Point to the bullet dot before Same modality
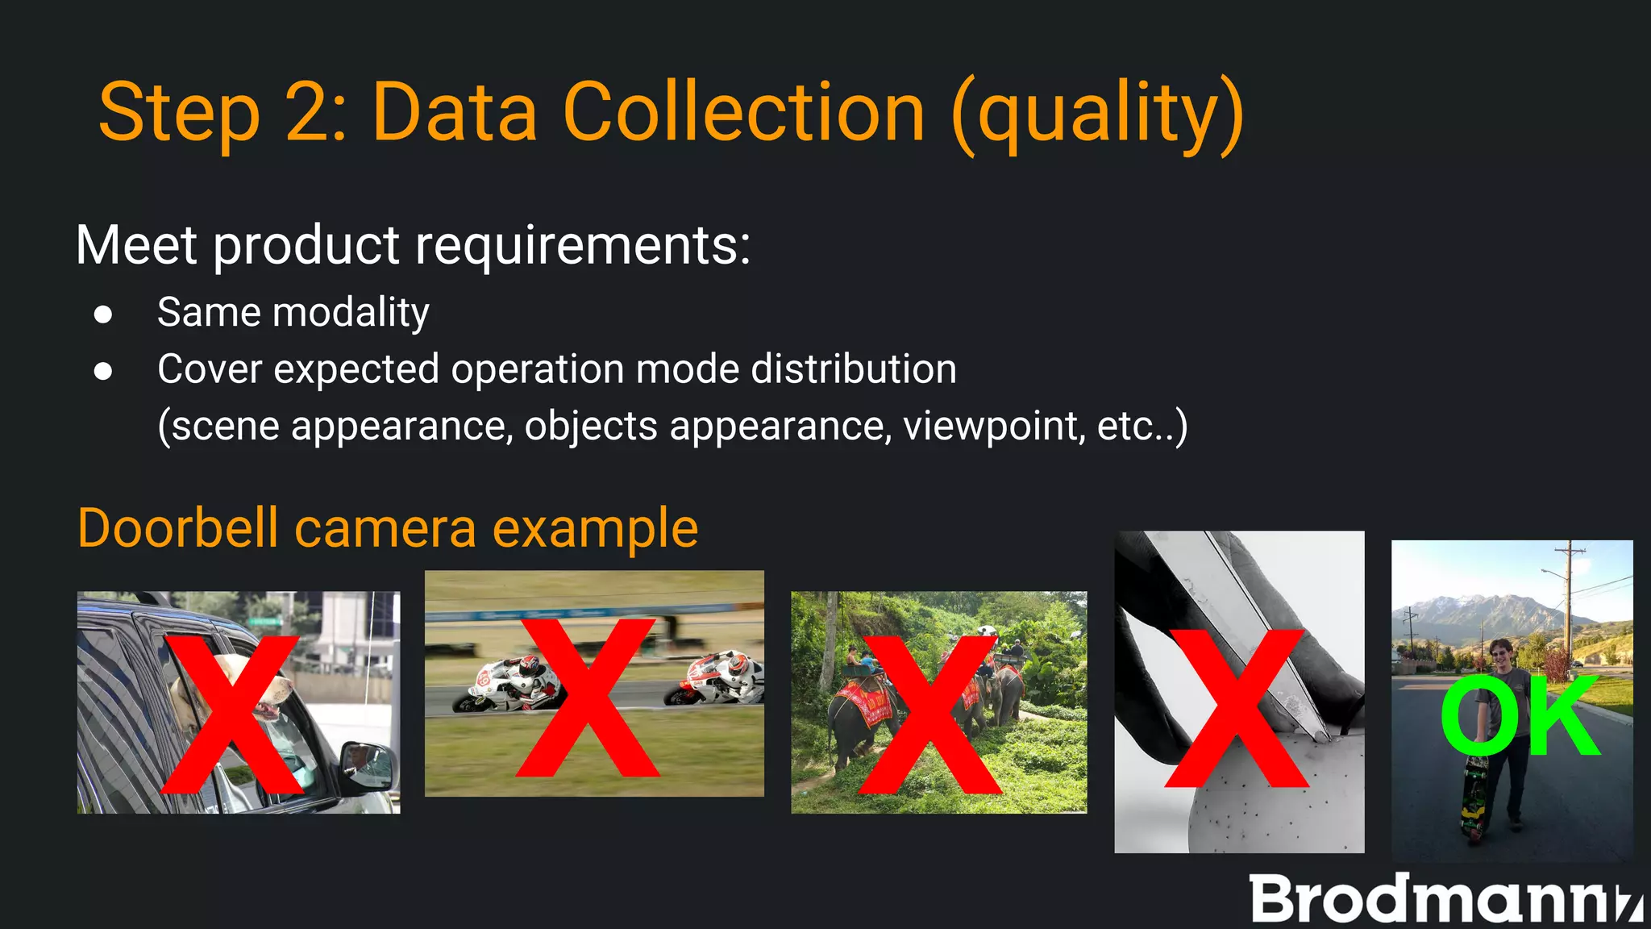103,314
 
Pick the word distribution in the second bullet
854,369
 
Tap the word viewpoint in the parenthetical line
992,426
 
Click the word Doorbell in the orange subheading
178,529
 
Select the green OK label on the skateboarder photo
1519,716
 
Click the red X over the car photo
232,714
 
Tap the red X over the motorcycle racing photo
588,698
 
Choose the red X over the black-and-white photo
1237,708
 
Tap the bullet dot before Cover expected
103,371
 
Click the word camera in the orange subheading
385,529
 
